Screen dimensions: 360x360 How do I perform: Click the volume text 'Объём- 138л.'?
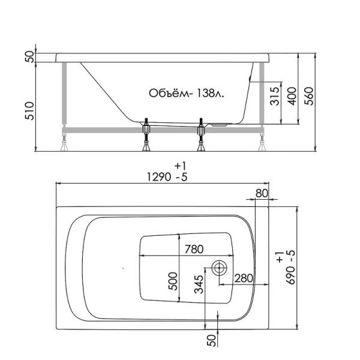coord(186,93)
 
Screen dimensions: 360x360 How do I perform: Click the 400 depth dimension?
coord(292,95)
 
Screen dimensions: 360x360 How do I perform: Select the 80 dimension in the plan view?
coord(261,193)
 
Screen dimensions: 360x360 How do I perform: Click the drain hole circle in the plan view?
coord(218,268)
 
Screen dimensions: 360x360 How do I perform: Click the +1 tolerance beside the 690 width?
coord(280,258)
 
